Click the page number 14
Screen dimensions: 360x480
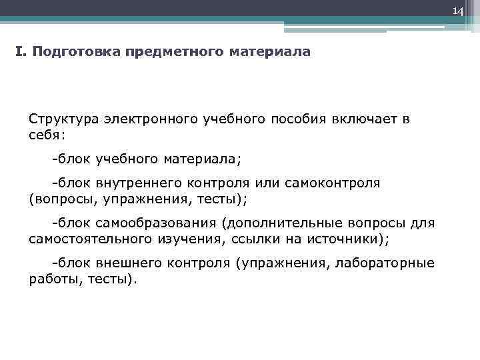pyautogui.click(x=458, y=11)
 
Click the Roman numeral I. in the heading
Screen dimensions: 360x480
pyautogui.click(x=20, y=51)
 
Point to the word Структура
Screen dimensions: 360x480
pyautogui.click(x=63, y=119)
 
